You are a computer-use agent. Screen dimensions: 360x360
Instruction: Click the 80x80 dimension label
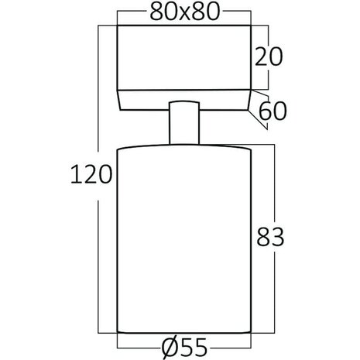[x=183, y=13]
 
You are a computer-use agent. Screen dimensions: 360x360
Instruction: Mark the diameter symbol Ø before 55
[x=166, y=347]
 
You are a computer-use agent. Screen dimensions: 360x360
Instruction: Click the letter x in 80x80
[x=183, y=15]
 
